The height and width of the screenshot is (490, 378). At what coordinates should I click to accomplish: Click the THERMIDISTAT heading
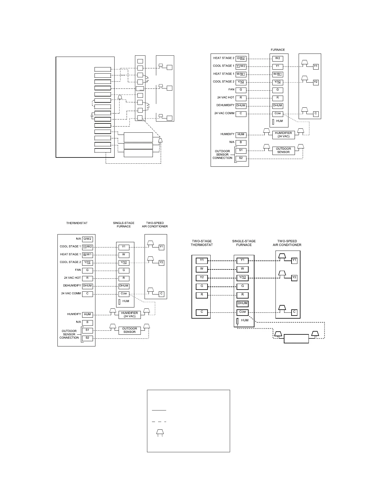click(77, 223)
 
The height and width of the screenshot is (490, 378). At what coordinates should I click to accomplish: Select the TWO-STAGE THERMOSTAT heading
click(202, 243)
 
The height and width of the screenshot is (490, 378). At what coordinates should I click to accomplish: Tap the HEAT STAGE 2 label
click(224, 58)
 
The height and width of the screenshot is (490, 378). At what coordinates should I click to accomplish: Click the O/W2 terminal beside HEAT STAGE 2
click(241, 58)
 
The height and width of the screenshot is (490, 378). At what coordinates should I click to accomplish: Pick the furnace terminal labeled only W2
click(278, 58)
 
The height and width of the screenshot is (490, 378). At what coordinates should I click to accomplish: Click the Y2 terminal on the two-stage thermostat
click(202, 277)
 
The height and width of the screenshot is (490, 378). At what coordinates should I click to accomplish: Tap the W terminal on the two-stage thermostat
click(202, 269)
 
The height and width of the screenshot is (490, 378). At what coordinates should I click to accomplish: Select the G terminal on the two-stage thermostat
click(202, 286)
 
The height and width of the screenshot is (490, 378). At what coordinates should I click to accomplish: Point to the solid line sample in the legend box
click(159, 410)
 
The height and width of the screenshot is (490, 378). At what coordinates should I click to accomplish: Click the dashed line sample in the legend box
click(159, 421)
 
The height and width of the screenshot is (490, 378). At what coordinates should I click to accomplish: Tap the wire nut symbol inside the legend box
click(160, 432)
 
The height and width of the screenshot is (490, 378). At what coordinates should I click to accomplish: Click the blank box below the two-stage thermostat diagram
click(296, 338)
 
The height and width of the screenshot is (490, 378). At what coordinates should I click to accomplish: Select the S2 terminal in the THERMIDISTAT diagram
click(87, 338)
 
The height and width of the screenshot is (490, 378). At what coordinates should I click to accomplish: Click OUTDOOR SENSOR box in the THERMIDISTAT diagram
click(129, 330)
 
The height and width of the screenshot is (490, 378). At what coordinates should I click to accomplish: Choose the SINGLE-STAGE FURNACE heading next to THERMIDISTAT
click(124, 225)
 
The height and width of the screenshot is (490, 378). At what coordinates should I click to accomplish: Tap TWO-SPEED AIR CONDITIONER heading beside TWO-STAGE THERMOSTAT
click(287, 243)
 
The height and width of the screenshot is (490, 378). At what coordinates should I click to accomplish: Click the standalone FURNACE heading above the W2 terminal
click(278, 50)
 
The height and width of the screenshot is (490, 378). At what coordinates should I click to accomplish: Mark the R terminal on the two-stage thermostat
click(202, 295)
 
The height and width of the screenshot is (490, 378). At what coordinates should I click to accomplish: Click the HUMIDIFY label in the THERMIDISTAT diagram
click(74, 314)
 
